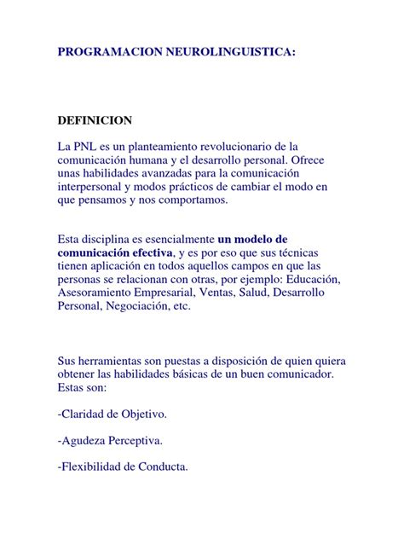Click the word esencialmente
click(178, 240)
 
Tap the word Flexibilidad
click(95, 467)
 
